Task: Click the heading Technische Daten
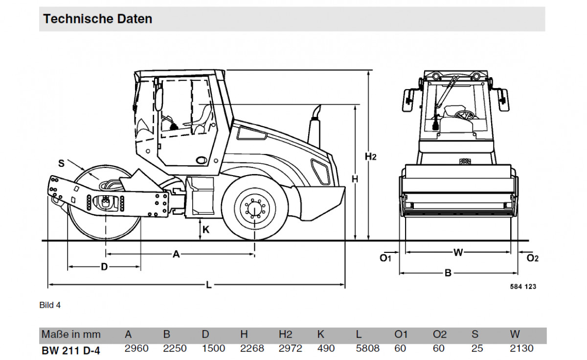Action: [98, 19]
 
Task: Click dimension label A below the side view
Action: [177, 254]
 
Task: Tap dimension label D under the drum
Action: [104, 267]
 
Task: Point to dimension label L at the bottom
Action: [209, 285]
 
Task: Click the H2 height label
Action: [371, 157]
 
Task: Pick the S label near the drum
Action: [61, 164]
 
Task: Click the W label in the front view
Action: [458, 252]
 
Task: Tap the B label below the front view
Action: [448, 273]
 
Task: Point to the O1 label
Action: [386, 258]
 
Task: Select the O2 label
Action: [532, 258]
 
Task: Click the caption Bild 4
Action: [50, 305]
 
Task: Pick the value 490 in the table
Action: [326, 349]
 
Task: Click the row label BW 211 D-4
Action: [71, 350]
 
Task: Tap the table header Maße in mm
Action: [71, 335]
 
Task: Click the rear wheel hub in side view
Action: [255, 208]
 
